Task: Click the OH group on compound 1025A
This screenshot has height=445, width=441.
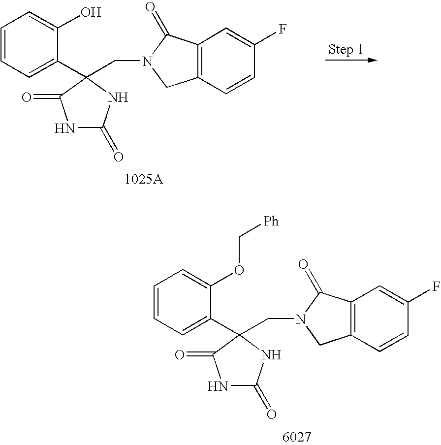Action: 91,12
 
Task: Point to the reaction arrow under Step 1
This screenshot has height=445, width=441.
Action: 351,61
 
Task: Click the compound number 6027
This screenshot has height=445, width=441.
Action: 297,436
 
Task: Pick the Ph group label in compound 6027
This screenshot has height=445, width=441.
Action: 271,222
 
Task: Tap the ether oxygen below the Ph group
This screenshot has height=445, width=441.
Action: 239,270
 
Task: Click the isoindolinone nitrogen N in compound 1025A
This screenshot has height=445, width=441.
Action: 146,62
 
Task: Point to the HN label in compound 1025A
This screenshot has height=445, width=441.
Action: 65,128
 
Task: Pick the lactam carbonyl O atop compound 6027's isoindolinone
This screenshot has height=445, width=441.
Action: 304,266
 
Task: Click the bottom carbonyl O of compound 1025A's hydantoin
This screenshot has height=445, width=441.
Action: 117,157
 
